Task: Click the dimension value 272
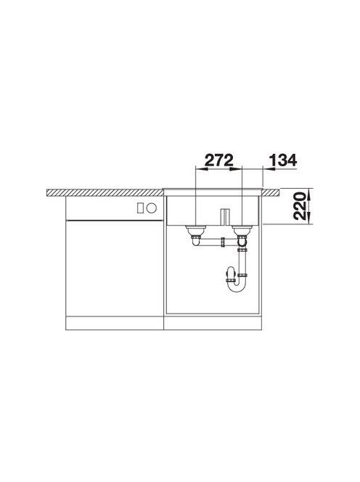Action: click(x=219, y=160)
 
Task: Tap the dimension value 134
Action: click(x=283, y=160)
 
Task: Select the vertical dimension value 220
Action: click(x=300, y=206)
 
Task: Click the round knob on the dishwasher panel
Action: click(x=151, y=208)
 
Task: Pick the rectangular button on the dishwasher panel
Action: click(x=140, y=208)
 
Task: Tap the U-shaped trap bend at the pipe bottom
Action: click(x=236, y=286)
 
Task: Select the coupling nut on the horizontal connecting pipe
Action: click(x=222, y=242)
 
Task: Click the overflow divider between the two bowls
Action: click(x=225, y=217)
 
